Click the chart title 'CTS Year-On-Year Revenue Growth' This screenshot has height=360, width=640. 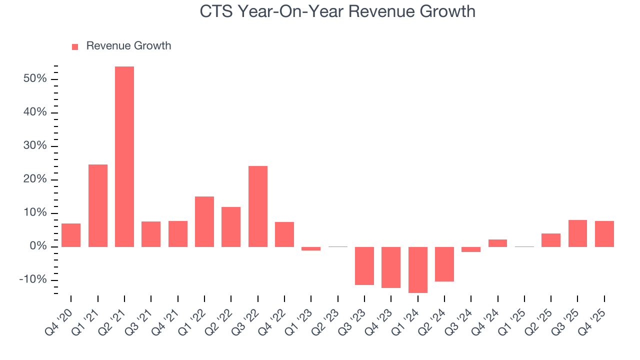click(x=337, y=11)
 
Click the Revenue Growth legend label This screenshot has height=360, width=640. click(x=128, y=46)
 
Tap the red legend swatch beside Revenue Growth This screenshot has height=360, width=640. click(x=75, y=47)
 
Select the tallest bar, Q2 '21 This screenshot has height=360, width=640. click(x=124, y=156)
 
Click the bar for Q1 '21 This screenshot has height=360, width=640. click(x=98, y=205)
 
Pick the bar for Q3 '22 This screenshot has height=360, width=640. click(x=258, y=206)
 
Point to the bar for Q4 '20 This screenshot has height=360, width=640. click(x=71, y=235)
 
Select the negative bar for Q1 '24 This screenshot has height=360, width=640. click(x=418, y=269)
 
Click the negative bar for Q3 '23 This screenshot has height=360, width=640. click(x=364, y=265)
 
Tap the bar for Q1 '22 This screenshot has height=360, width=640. click(x=204, y=221)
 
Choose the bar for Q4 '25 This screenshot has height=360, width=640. click(x=604, y=233)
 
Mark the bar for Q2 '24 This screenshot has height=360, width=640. click(x=444, y=264)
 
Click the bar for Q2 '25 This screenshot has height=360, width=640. click(x=551, y=240)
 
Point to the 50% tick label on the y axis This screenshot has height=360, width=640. click(x=35, y=79)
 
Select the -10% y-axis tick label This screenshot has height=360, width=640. click(x=33, y=279)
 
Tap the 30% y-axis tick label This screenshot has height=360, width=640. click(x=35, y=146)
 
